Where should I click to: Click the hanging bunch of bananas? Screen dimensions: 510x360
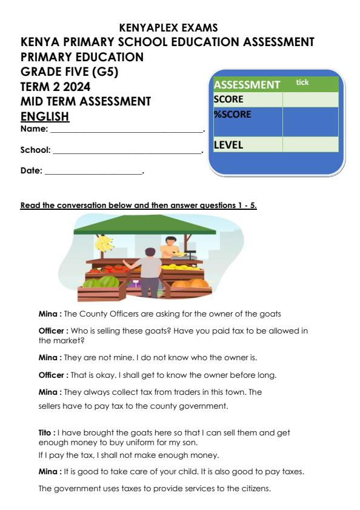point(104,243)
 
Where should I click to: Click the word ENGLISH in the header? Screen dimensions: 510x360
point(45,116)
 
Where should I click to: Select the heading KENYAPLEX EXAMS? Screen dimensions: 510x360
point(168,28)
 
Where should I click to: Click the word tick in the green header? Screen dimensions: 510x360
point(302,82)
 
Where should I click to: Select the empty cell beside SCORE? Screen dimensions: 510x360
point(310,99)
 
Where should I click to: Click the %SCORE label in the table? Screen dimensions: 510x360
point(232,114)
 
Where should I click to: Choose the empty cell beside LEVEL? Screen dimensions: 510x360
point(310,145)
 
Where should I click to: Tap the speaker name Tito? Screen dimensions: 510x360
point(47,433)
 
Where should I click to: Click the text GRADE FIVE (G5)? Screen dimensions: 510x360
point(70,72)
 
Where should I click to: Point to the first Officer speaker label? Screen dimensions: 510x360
point(53,330)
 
